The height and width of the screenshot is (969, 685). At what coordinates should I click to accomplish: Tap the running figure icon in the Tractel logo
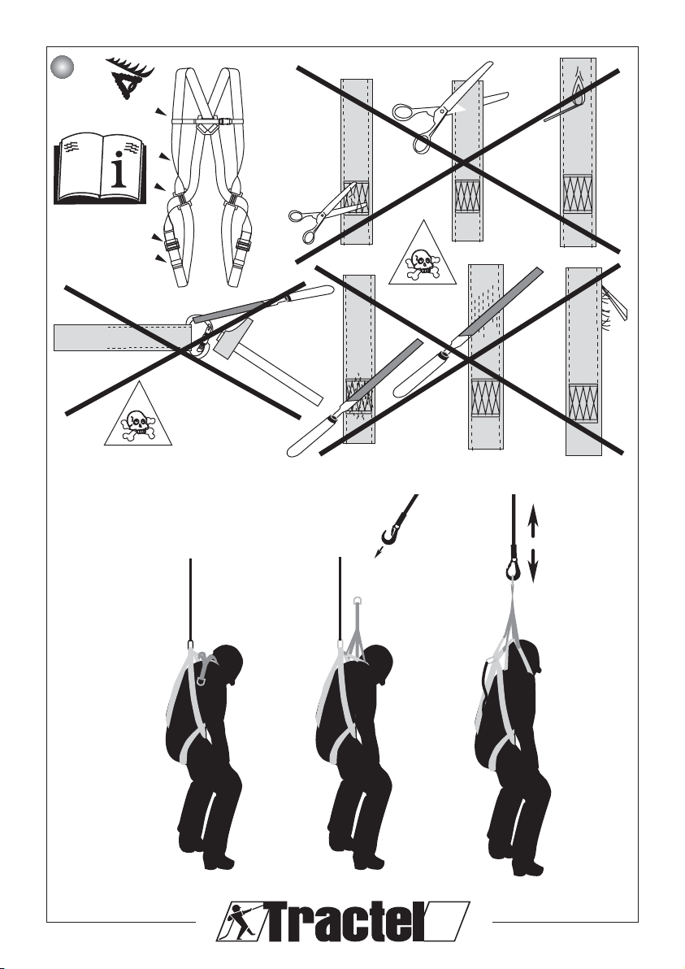[241, 921]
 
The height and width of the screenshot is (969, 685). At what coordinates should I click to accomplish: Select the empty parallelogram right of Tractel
[449, 921]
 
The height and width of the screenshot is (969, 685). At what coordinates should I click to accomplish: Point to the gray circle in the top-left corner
[63, 66]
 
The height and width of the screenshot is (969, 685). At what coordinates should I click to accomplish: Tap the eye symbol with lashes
[129, 77]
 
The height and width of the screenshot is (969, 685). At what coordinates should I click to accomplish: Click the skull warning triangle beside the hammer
[138, 415]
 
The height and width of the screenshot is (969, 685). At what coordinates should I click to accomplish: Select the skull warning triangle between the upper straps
[423, 254]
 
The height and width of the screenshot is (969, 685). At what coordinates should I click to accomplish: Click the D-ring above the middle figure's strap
[358, 600]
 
